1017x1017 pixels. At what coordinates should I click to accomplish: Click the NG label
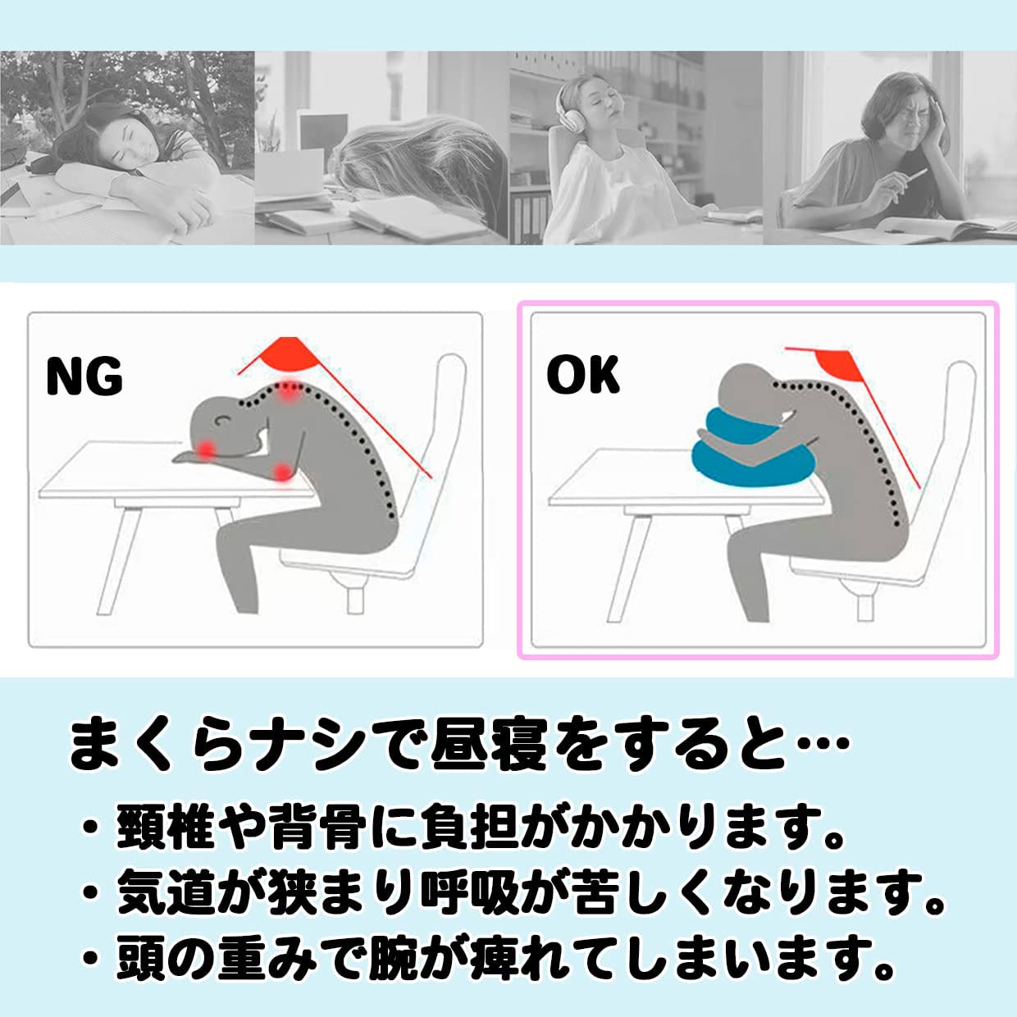[84, 376]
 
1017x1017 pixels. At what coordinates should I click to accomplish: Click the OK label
[583, 375]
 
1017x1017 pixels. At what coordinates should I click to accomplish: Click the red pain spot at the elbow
[284, 472]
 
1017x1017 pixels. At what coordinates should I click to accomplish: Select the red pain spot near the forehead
[206, 449]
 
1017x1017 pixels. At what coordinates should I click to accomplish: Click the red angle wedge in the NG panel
[289, 353]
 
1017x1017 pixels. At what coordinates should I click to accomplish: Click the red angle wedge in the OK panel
[840, 365]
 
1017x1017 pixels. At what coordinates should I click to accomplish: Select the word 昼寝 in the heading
[489, 744]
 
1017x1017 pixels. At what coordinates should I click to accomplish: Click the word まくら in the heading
[153, 744]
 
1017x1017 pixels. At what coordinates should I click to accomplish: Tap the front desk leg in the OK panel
[626, 568]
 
